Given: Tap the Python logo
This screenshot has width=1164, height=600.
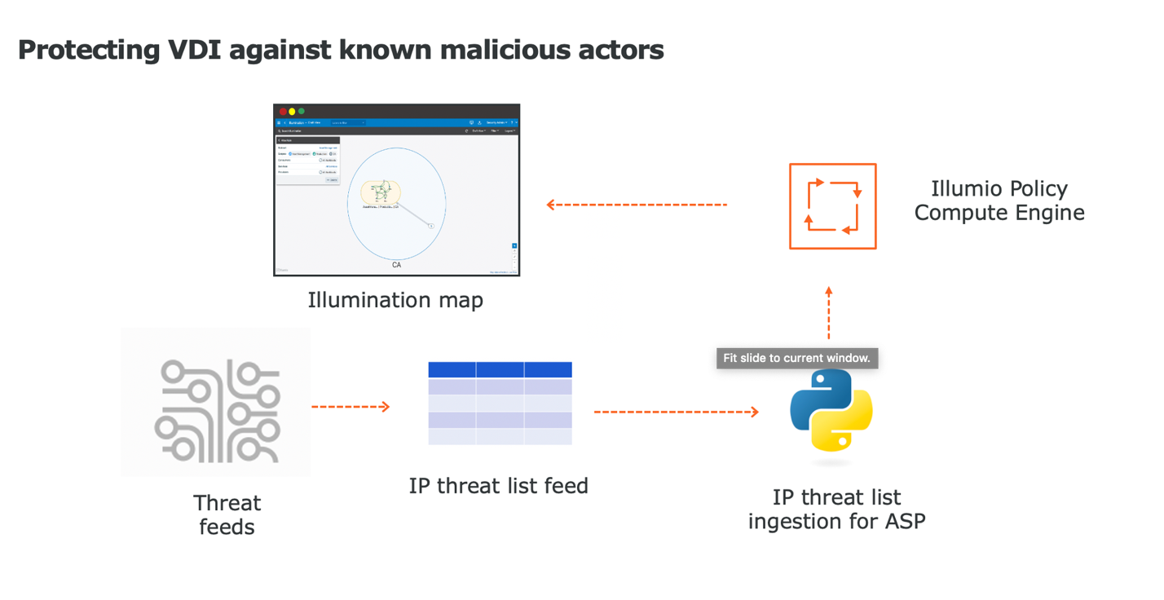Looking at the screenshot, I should [831, 411].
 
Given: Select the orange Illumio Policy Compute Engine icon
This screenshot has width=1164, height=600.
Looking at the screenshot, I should [832, 206].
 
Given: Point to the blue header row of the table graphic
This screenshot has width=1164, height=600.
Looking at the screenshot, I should [500, 370].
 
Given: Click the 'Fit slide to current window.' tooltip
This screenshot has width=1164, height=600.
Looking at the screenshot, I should [796, 358].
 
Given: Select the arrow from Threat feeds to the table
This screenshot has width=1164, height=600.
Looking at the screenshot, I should [351, 406].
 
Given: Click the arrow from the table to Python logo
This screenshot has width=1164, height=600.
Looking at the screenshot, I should [676, 412].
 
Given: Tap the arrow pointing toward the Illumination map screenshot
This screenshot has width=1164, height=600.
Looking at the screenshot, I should [636, 205].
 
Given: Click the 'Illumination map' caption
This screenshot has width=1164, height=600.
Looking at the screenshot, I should [395, 300].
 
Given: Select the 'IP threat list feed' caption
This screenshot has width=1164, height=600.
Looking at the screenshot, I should [498, 486].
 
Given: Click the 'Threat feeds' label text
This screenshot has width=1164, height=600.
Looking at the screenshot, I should [227, 514].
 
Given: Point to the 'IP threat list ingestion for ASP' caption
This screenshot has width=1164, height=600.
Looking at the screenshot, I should [836, 509].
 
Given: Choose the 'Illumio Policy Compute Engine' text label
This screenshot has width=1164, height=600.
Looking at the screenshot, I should [999, 201].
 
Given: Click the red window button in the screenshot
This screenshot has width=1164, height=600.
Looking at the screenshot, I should [283, 112].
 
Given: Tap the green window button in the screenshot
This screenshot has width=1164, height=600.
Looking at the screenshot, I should [302, 112].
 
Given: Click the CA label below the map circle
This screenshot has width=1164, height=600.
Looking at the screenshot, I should [397, 265].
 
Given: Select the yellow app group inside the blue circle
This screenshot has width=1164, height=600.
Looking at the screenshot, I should [381, 193].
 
